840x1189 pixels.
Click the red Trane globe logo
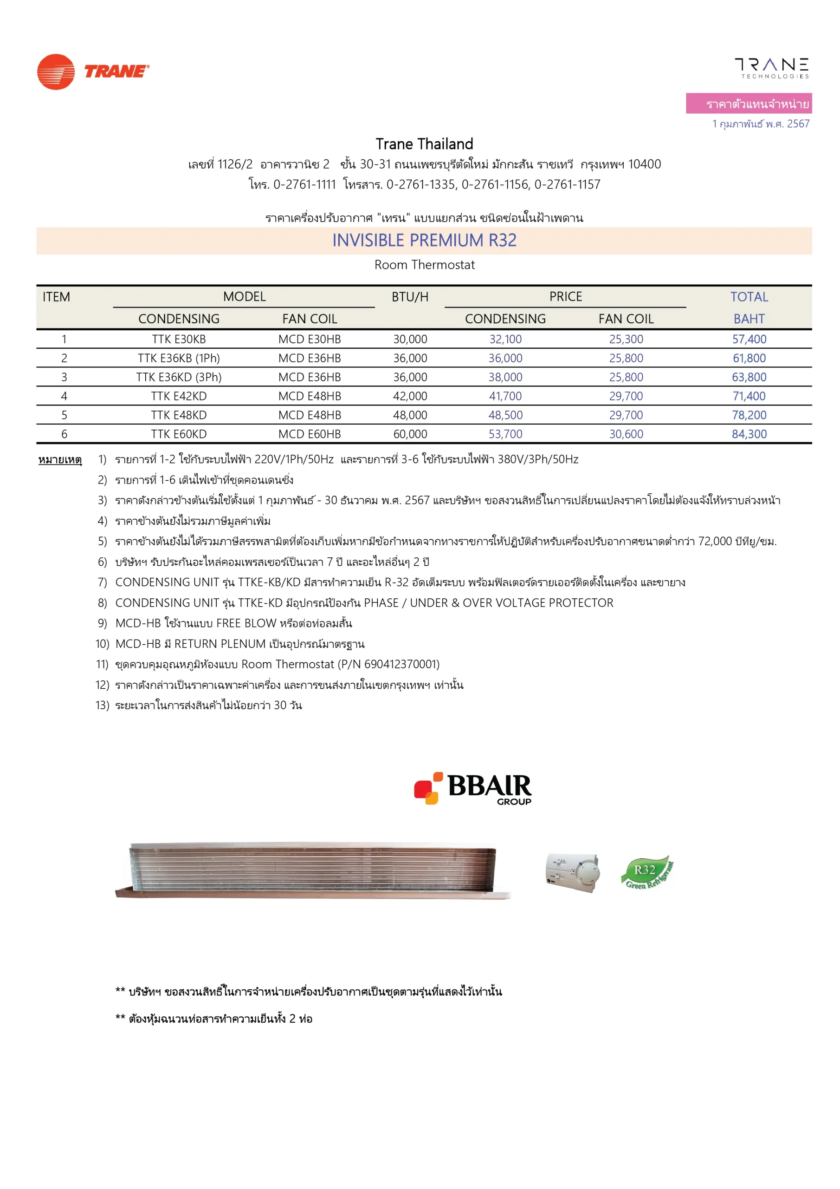pyautogui.click(x=56, y=72)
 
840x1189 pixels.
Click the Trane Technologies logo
pyautogui.click(x=771, y=68)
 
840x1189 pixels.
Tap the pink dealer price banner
pyautogui.click(x=749, y=104)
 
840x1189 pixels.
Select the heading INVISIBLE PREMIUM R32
pyautogui.click(x=424, y=240)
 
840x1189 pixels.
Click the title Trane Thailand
pyautogui.click(x=424, y=144)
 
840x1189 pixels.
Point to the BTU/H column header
pyautogui.click(x=410, y=297)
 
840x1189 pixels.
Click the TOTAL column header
pyautogui.click(x=749, y=297)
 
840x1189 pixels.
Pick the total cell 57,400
pyautogui.click(x=749, y=339)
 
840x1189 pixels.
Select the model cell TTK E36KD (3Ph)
pyautogui.click(x=179, y=377)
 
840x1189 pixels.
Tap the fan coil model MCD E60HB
pyautogui.click(x=310, y=434)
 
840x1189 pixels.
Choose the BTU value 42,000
pyautogui.click(x=410, y=396)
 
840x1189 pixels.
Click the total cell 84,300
pyautogui.click(x=749, y=434)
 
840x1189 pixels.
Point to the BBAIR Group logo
pyautogui.click(x=472, y=788)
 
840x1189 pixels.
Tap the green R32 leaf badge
pyautogui.click(x=646, y=872)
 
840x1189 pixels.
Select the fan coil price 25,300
pyautogui.click(x=626, y=339)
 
